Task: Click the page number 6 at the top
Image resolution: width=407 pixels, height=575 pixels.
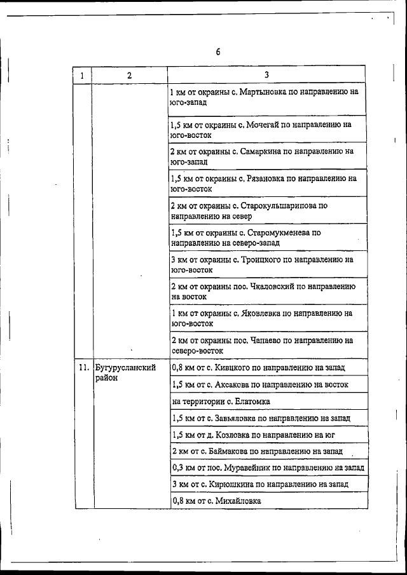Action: click(x=217, y=52)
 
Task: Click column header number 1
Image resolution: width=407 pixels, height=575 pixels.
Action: click(x=83, y=76)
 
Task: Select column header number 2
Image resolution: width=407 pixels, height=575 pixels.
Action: click(x=129, y=76)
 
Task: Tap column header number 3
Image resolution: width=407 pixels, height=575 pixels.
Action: click(x=266, y=75)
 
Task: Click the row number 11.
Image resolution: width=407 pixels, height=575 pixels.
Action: click(x=83, y=367)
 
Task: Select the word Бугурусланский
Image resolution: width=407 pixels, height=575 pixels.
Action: click(x=125, y=367)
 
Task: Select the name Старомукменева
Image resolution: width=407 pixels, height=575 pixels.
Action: click(x=279, y=233)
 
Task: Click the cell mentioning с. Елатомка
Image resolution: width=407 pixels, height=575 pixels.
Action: click(x=221, y=402)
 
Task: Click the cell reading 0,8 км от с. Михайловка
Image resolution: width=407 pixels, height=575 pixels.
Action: click(x=216, y=501)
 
